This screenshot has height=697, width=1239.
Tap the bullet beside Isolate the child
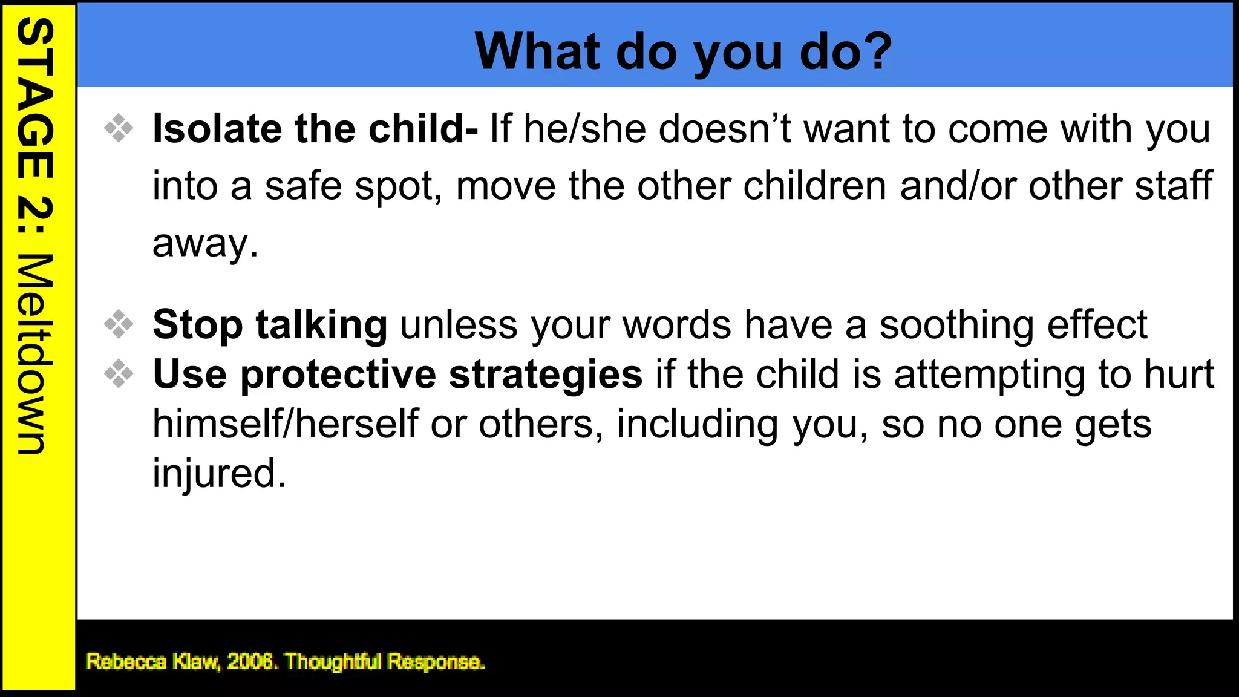119,128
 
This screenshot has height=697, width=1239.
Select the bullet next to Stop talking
119,324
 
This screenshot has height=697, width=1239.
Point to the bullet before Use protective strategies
119,373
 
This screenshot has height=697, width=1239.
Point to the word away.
204,243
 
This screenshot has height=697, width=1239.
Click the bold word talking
321,325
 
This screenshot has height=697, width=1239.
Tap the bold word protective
338,375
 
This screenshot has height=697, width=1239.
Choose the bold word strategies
546,375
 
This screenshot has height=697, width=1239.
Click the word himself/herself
285,424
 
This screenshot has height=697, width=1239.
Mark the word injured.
218,473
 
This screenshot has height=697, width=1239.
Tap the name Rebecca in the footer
126,661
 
